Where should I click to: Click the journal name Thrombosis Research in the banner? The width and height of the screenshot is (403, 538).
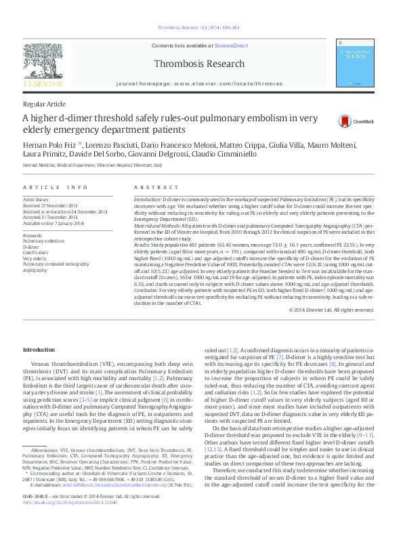tap(200, 64)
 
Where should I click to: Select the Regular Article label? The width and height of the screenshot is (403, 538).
tap(44, 104)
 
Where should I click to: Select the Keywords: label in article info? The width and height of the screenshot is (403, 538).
tap(33, 234)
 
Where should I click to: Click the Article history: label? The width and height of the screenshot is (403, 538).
tap(37, 200)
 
